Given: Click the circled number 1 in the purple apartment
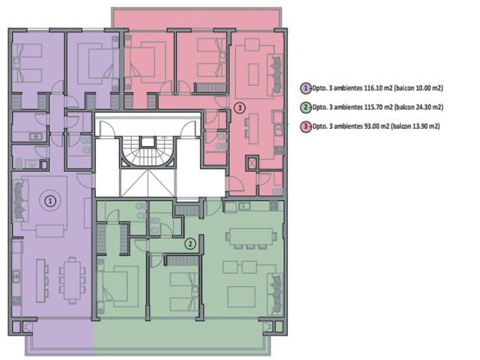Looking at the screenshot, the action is pos(50,201).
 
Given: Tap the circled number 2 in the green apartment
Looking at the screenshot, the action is pos(190,244).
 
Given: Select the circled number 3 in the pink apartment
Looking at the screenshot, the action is pos(239,108).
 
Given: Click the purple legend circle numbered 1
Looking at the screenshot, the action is pos(306,88).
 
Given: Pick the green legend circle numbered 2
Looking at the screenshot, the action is pos(306,107).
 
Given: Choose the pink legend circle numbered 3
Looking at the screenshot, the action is pos(306,126).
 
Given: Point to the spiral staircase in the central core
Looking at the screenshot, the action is pos(148,152).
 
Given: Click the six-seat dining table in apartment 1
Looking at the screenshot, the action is pos(72,280).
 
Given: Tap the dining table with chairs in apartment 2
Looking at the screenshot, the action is pos(251,238).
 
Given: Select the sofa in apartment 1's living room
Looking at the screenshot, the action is pos(20,201).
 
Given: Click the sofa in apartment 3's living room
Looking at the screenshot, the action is pos(275,75).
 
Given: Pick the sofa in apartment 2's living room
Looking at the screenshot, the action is pos(275,294).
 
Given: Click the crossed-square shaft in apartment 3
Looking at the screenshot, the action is pos(252,163).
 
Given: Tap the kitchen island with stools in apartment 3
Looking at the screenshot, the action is pos(251,129).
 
